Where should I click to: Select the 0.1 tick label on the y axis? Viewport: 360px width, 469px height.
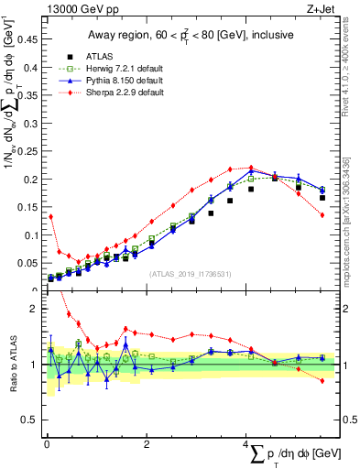tap(30, 235)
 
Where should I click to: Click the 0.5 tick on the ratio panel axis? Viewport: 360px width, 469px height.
tap(30, 420)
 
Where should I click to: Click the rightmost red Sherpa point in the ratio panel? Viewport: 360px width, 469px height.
tap(322, 380)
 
